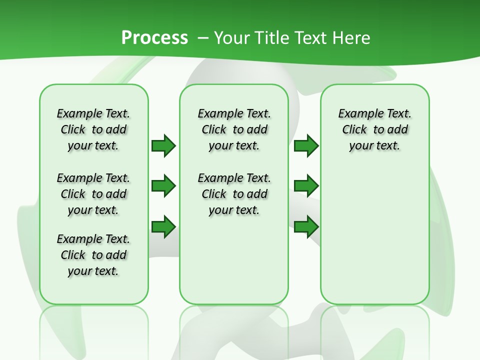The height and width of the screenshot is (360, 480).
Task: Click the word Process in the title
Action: pyautogui.click(x=154, y=38)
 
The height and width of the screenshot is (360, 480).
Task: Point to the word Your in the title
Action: pyautogui.click(x=232, y=38)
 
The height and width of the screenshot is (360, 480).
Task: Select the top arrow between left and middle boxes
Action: pyautogui.click(x=163, y=145)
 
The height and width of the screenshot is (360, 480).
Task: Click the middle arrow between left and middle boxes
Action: pyautogui.click(x=163, y=186)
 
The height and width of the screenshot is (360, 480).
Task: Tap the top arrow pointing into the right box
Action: pyautogui.click(x=306, y=145)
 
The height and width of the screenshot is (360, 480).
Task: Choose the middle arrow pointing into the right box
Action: pyautogui.click(x=306, y=186)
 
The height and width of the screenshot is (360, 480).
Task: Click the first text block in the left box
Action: pyautogui.click(x=93, y=129)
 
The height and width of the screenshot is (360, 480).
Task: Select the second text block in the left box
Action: pyautogui.click(x=93, y=194)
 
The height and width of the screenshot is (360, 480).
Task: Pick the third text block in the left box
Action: pyautogui.click(x=93, y=255)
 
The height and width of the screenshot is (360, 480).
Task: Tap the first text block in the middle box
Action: pyautogui.click(x=234, y=129)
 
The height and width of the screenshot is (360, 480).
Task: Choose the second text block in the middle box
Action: pyautogui.click(x=234, y=194)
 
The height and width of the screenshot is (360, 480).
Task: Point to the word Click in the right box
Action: pyautogui.click(x=354, y=130)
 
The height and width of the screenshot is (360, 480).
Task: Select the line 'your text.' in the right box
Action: pyautogui.click(x=374, y=146)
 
